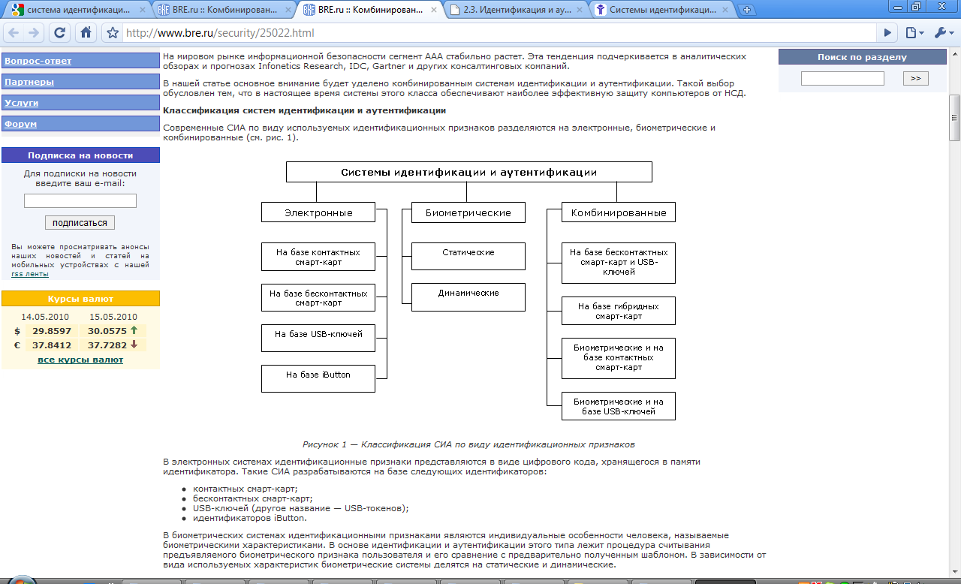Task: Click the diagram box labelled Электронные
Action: [x=318, y=212]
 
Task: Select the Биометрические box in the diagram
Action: [x=468, y=212]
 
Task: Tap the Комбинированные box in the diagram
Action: [x=619, y=212]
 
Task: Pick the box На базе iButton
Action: [x=318, y=378]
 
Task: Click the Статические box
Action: [x=468, y=256]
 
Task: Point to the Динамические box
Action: [x=468, y=297]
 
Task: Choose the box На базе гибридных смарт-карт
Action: [x=619, y=311]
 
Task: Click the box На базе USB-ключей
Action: [x=318, y=338]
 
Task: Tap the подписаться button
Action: [x=80, y=222]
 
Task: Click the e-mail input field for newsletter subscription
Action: [x=80, y=200]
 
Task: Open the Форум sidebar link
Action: [x=21, y=124]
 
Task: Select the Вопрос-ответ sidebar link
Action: [x=38, y=61]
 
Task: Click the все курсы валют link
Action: [x=80, y=360]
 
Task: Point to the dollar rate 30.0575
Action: [x=107, y=330]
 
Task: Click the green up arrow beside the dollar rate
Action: [x=134, y=330]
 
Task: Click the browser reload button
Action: [x=60, y=33]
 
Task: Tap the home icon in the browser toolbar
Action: [x=86, y=33]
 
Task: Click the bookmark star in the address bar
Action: [x=113, y=33]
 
